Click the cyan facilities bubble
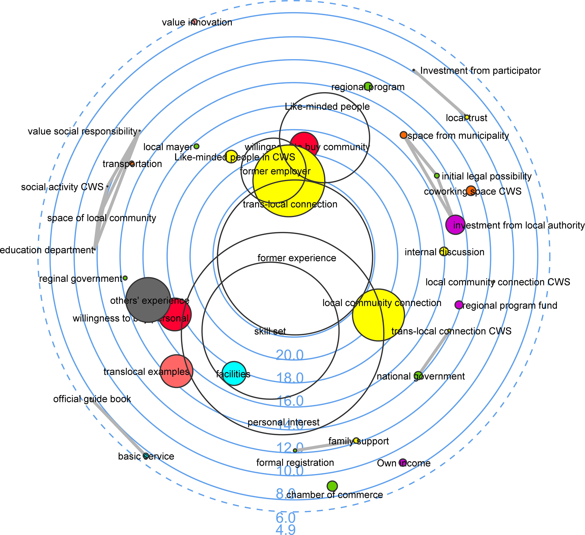pyautogui.click(x=234, y=374)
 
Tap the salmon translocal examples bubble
pyautogui.click(x=176, y=371)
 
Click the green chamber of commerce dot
pyautogui.click(x=332, y=486)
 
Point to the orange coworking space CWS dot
pyautogui.click(x=471, y=191)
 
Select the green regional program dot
pyautogui.click(x=368, y=86)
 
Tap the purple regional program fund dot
pyautogui.click(x=458, y=305)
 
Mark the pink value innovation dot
pyautogui.click(x=195, y=21)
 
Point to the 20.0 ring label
pyautogui.click(x=290, y=355)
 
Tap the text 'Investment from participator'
pyautogui.click(x=480, y=71)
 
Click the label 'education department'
pyautogui.click(x=46, y=250)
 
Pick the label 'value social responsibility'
pyautogui.click(x=82, y=131)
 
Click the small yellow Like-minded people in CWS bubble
pyautogui.click(x=231, y=156)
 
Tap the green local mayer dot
pyautogui.click(x=197, y=146)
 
